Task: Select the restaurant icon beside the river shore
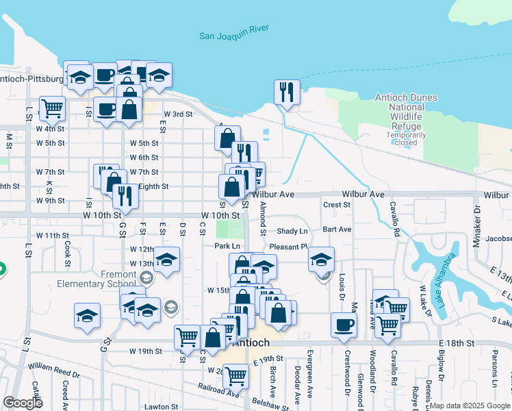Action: point(287,92)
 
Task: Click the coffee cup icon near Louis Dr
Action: point(344,325)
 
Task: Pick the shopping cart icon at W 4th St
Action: point(52,108)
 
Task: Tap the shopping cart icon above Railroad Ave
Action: point(235,375)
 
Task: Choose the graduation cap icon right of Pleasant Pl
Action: point(321,259)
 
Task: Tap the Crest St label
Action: point(336,205)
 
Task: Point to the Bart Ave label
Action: point(337,229)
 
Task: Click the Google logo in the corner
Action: point(23,403)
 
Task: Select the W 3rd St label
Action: point(177,114)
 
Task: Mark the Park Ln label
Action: point(227,246)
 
